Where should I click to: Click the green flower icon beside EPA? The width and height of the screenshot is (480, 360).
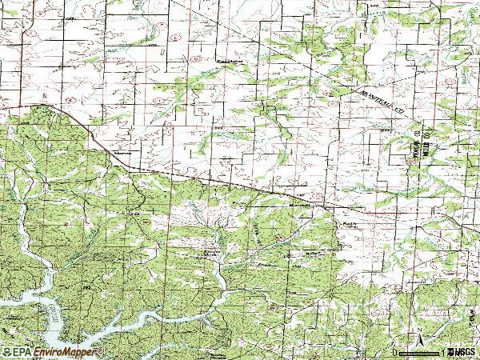[x=6, y=352]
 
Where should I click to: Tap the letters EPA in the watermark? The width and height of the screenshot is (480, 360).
[x=20, y=352]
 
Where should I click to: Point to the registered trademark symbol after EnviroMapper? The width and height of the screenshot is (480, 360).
[x=102, y=350]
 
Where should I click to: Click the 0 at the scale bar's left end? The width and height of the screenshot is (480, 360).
[x=395, y=352]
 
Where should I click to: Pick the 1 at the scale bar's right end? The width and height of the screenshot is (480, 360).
[x=441, y=352]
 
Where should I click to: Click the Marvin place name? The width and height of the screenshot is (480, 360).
[x=122, y=149]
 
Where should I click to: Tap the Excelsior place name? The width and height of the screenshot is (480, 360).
[x=230, y=61]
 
